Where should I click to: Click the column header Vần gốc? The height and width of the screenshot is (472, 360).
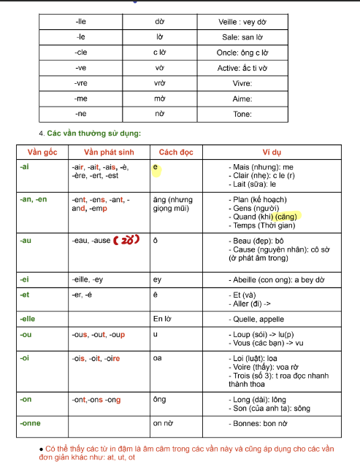point(42,152)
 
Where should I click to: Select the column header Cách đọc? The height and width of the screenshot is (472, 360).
point(175,152)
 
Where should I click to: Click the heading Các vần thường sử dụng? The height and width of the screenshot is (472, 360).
point(93,134)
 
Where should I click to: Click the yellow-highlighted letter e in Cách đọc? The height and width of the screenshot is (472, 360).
point(156,168)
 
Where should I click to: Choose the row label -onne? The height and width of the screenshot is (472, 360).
point(31,422)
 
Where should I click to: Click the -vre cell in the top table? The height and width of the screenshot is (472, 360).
point(81,84)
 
